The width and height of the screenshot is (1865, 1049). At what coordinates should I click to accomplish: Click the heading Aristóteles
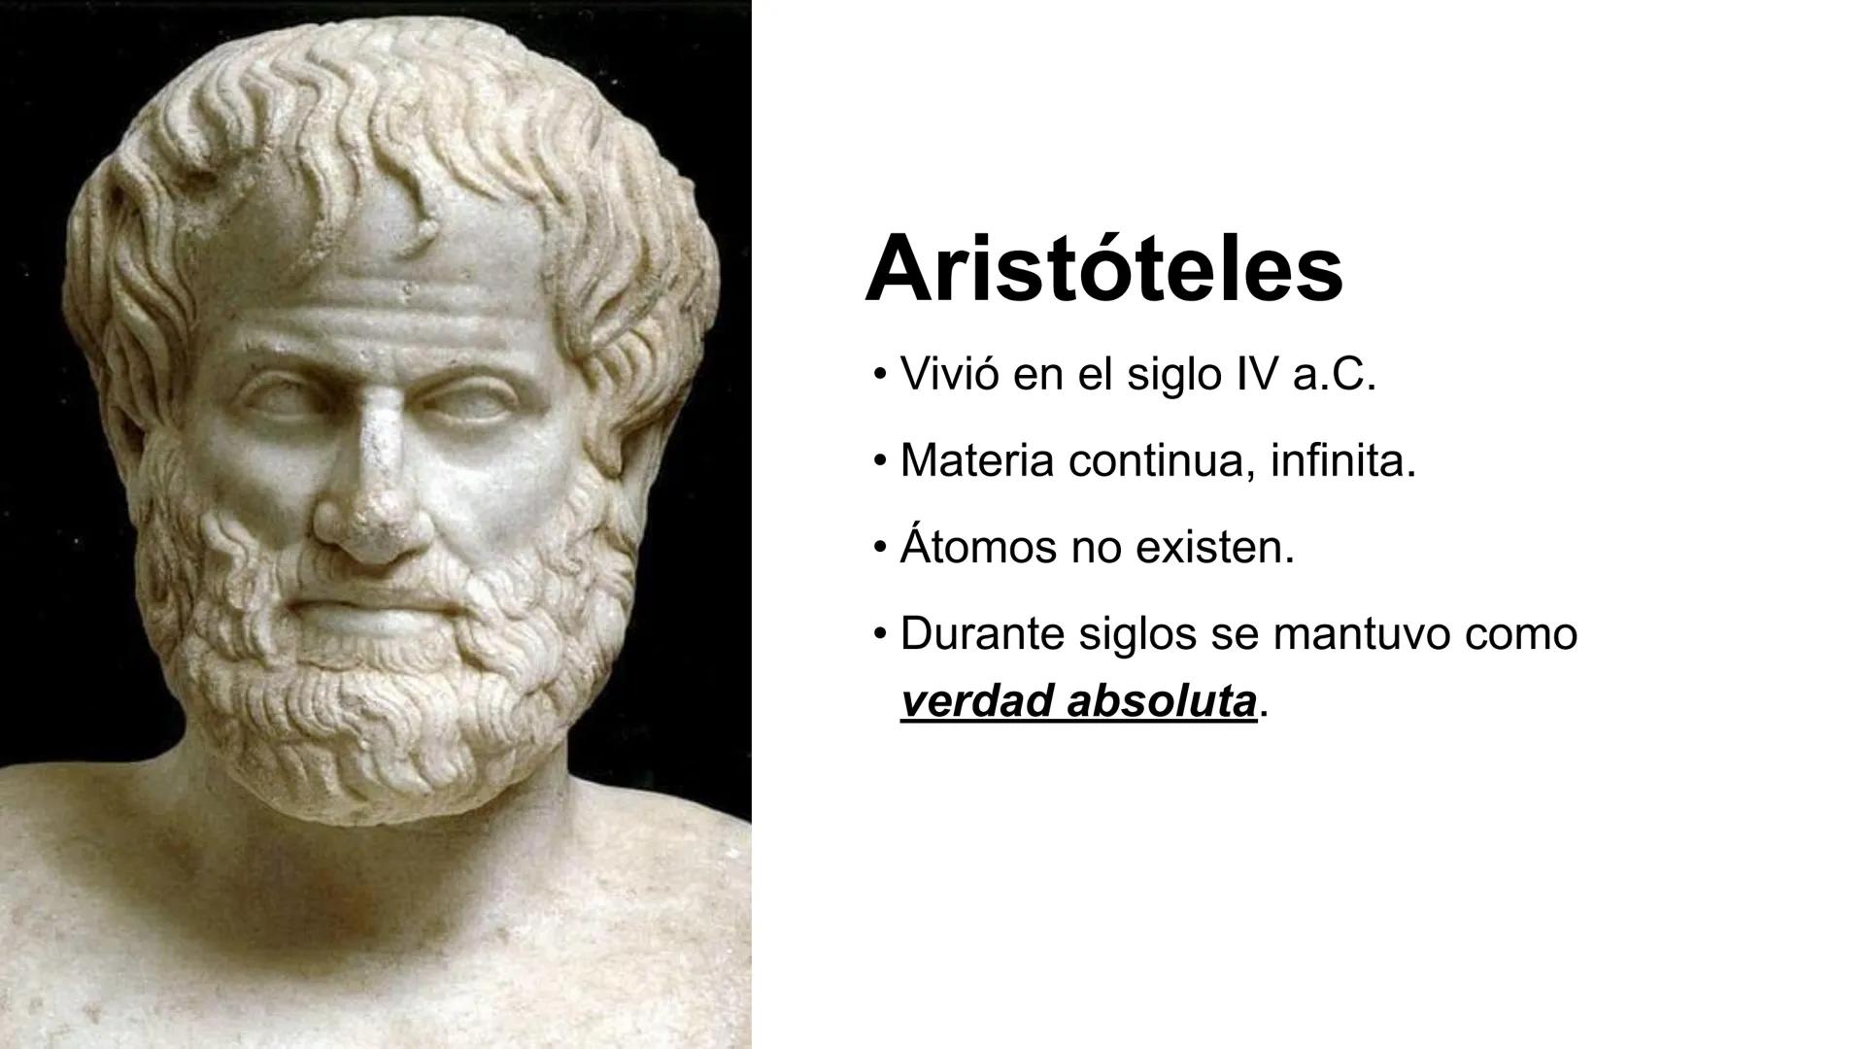pos(1103,268)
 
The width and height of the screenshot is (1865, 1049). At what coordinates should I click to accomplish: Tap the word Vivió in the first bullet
pos(949,375)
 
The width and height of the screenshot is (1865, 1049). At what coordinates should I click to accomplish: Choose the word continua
pos(1153,461)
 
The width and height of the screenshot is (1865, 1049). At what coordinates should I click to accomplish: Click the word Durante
pos(982,633)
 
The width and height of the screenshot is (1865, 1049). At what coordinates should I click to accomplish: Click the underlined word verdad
pos(975,701)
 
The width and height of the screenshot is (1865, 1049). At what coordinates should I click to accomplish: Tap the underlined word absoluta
pos(1161,701)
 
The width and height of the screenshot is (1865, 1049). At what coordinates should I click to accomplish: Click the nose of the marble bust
pos(374,505)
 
